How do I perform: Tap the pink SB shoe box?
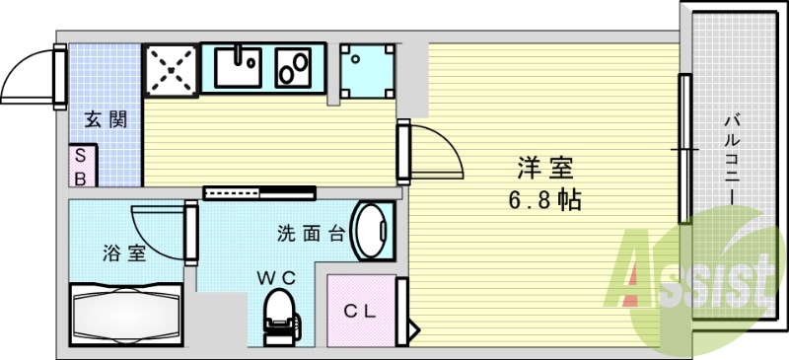click(x=82, y=166)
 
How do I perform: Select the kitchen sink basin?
click(x=235, y=66)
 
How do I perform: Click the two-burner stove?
click(x=294, y=67)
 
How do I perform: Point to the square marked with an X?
click(x=170, y=68)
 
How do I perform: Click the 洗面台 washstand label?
click(x=309, y=234)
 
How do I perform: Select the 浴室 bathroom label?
click(x=124, y=253)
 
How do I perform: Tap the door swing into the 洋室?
click(x=436, y=153)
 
